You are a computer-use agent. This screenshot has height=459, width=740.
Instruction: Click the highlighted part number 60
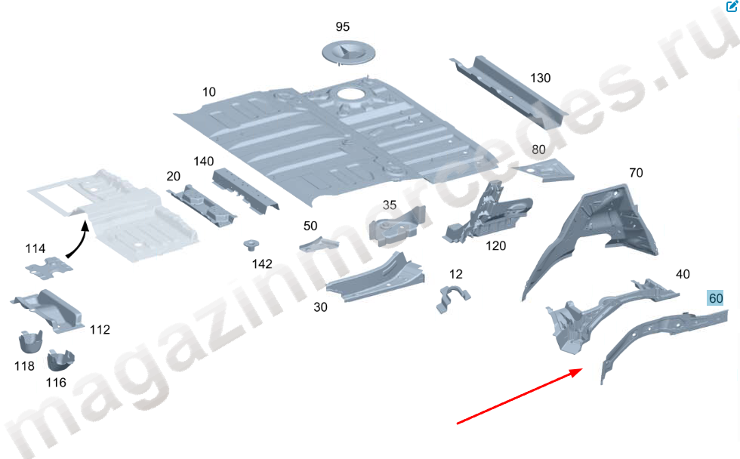716,298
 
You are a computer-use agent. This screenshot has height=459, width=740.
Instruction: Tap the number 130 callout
541,78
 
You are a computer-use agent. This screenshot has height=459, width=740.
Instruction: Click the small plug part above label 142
251,245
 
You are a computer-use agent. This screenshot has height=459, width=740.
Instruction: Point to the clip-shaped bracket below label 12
453,297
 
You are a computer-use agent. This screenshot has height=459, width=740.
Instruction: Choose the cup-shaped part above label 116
60,361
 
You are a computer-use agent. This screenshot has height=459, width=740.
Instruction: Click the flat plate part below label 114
49,268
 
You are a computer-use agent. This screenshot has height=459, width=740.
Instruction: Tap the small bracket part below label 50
319,245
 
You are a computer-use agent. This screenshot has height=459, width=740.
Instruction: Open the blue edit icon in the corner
732,6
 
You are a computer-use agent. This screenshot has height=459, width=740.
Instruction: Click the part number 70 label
636,173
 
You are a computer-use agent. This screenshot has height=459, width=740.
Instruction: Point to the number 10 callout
209,92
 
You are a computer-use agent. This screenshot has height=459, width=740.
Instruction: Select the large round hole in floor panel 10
350,94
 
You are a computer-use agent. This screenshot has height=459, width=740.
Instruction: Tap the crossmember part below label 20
202,205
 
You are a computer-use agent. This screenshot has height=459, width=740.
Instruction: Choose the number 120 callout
495,246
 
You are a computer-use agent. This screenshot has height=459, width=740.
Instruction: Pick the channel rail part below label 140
245,189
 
